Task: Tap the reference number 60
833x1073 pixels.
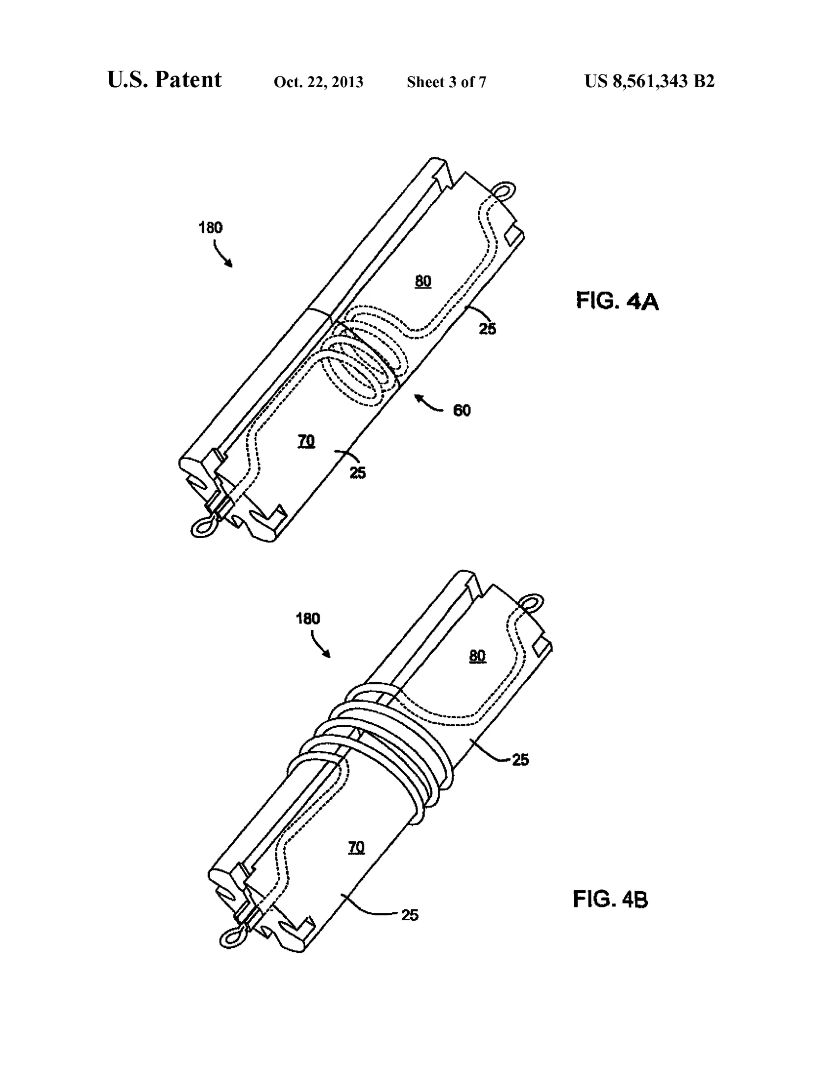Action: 462,410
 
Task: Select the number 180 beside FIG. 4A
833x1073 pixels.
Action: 210,227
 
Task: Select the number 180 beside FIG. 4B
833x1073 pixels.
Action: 308,618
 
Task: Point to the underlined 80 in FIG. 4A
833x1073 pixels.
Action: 423,282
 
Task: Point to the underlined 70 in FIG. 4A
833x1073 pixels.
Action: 306,441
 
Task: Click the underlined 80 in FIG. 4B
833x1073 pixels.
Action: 477,656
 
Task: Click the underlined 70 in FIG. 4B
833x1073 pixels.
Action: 356,848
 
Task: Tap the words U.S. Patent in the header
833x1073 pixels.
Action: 165,80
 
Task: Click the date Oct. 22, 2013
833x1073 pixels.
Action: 318,82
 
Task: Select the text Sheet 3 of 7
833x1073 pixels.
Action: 446,82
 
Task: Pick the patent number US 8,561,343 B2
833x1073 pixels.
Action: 649,81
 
